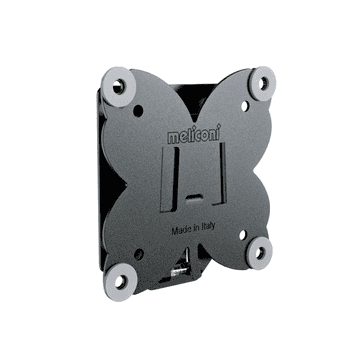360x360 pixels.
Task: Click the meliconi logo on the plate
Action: pos(194,135)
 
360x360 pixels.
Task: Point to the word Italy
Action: pos(208,226)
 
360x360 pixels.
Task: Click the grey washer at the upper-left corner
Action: pos(118,87)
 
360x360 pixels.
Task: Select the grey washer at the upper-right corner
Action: pos(263,84)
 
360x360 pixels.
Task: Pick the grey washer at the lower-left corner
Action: pos(120,282)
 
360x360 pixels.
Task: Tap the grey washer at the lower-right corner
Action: pos(259,253)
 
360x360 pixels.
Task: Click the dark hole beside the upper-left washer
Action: pos(138,111)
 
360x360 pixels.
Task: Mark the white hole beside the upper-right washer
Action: pos(245,106)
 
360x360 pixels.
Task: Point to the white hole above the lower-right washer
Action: pos(243,234)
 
